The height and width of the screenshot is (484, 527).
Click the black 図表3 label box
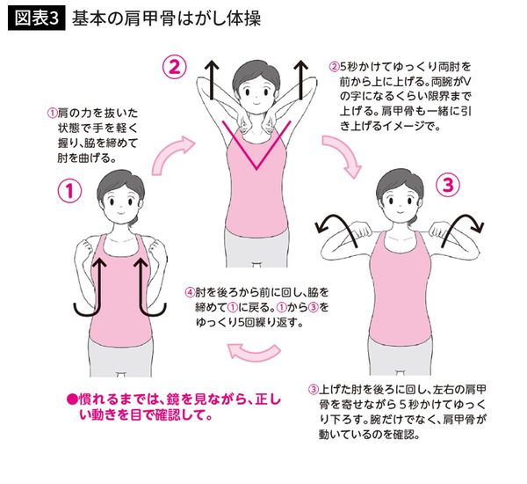35,19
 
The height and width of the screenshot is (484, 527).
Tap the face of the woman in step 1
116,204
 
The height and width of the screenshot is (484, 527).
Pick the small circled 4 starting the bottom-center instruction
189,291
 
